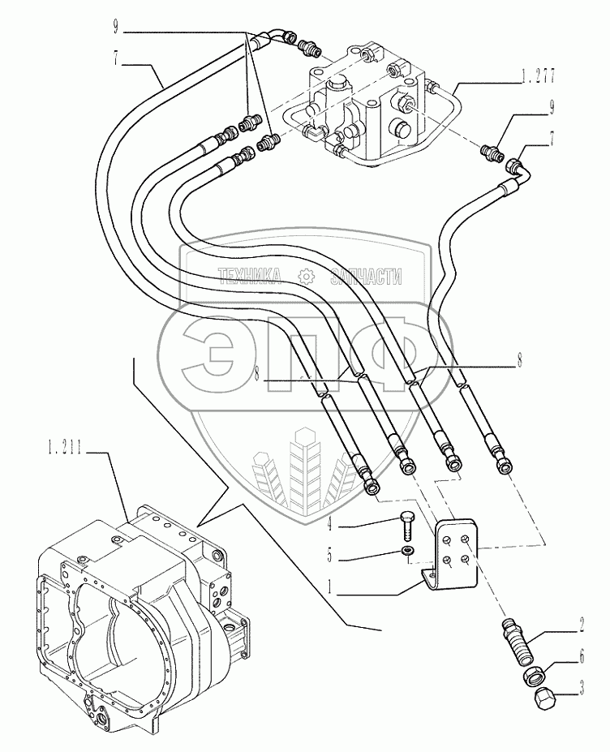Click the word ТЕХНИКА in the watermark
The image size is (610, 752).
click(249, 277)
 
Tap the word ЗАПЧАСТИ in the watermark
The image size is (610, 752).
click(365, 277)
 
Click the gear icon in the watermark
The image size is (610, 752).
click(305, 277)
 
